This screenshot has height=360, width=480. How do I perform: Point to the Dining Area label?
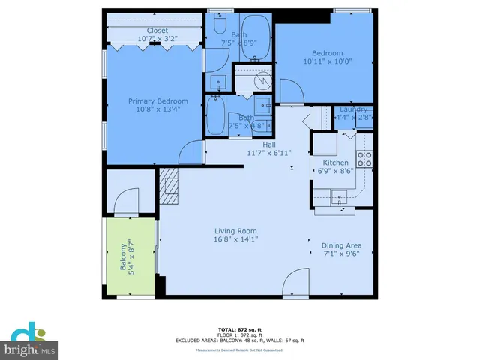pos(341,245)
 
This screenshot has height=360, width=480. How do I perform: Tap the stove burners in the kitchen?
pos(364,158)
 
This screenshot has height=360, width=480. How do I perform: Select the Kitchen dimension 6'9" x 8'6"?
pos(334,172)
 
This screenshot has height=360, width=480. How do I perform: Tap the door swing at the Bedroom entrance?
pos(291,93)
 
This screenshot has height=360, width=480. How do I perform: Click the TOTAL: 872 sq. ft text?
pos(239,328)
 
